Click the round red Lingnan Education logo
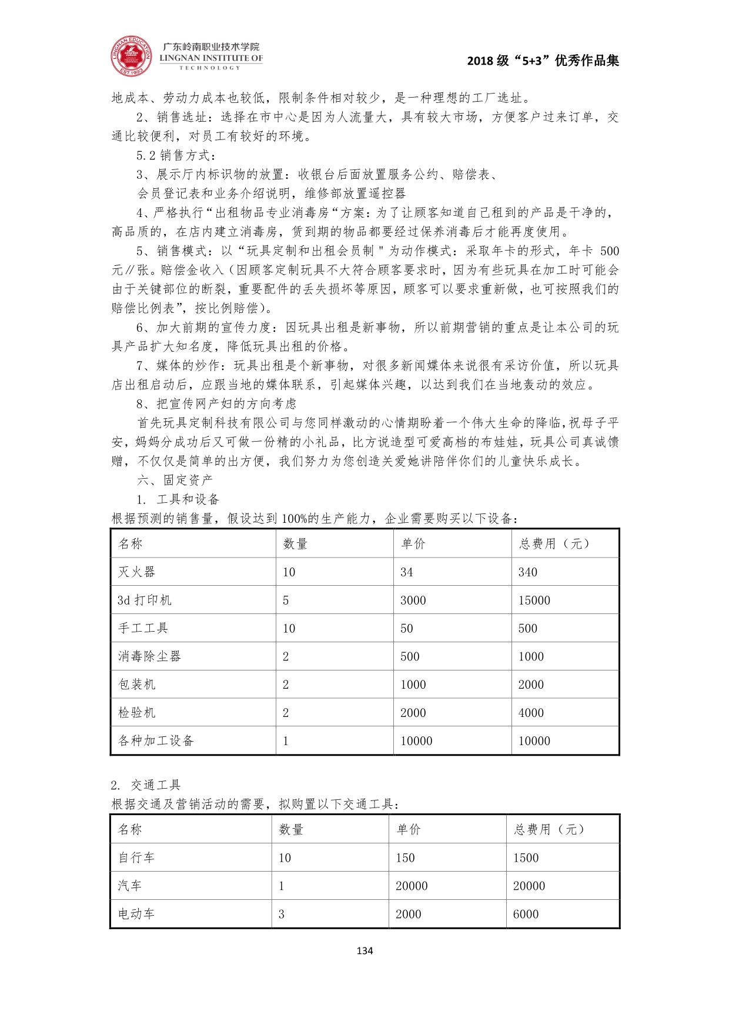(131, 56)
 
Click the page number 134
(364, 951)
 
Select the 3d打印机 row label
(145, 600)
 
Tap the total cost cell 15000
(534, 600)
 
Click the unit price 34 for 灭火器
(407, 572)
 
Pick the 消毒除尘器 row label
(149, 656)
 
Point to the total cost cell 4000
(531, 713)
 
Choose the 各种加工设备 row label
(156, 741)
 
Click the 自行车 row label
(136, 858)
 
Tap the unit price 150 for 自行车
(405, 858)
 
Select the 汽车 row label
(130, 886)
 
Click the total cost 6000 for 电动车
(526, 914)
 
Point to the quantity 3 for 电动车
(282, 914)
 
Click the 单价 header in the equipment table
(413, 543)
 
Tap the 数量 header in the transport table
(291, 829)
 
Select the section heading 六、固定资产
(175, 480)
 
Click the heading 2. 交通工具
(146, 785)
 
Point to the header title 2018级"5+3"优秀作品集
(543, 61)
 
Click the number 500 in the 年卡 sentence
(610, 251)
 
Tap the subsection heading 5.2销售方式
(176, 155)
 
